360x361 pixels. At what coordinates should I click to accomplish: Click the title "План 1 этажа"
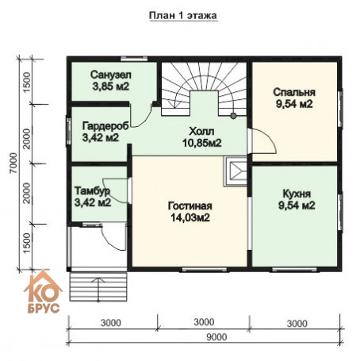pyautogui.click(x=183, y=16)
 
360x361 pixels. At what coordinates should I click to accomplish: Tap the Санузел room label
pyautogui.click(x=111, y=75)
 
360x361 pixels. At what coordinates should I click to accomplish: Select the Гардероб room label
pyautogui.click(x=105, y=126)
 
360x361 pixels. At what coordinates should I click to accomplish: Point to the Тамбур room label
pyautogui.click(x=92, y=191)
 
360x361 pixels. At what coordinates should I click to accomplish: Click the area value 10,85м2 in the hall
pyautogui.click(x=202, y=143)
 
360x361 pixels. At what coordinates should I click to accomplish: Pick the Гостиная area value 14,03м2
pyautogui.click(x=190, y=217)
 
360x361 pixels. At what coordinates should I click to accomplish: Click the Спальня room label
pyautogui.click(x=294, y=92)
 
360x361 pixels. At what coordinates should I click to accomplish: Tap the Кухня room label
pyautogui.click(x=297, y=194)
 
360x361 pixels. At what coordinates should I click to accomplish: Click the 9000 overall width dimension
pyautogui.click(x=216, y=337)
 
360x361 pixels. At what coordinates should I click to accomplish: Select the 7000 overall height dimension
pyautogui.click(x=13, y=163)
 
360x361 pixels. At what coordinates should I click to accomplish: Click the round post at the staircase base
pyautogui.click(x=233, y=116)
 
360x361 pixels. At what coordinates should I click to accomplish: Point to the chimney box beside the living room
pyautogui.click(x=236, y=171)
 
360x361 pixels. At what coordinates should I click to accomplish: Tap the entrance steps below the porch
pyautogui.click(x=98, y=287)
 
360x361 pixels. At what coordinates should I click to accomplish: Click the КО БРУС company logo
pyautogui.click(x=43, y=292)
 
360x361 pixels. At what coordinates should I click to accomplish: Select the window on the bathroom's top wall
pyautogui.click(x=134, y=59)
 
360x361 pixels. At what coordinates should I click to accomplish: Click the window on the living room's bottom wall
pyautogui.click(x=205, y=270)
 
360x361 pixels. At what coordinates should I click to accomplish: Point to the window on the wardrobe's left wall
pyautogui.click(x=69, y=131)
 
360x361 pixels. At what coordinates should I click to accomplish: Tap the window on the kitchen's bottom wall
pyautogui.click(x=294, y=270)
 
